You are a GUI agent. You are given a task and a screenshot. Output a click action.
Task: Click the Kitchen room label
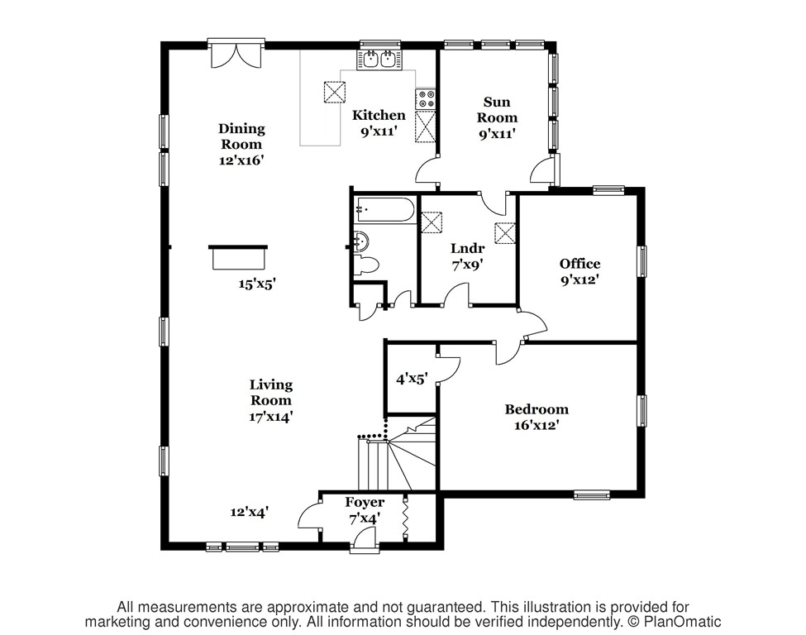(379, 115)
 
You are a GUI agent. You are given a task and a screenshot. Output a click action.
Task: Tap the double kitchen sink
(379, 60)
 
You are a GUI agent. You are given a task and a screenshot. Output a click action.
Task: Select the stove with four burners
(426, 98)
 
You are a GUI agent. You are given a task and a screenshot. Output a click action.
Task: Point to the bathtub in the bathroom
(385, 209)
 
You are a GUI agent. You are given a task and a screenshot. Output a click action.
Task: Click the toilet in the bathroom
(366, 265)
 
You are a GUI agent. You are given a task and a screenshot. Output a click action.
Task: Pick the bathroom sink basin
(361, 240)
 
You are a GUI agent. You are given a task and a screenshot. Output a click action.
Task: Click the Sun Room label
(497, 109)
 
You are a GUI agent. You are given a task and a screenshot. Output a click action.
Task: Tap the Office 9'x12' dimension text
(579, 280)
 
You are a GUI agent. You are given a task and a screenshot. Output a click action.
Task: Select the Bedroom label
(537, 409)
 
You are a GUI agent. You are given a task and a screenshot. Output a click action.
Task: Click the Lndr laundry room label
(467, 248)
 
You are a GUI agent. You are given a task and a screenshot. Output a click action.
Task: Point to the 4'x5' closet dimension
(412, 380)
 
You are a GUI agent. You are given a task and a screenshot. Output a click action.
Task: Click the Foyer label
(365, 503)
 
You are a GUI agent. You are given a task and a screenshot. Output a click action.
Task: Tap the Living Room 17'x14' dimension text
(271, 417)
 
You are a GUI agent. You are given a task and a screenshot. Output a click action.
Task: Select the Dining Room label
(241, 136)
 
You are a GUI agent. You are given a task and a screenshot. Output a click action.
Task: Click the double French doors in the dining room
(237, 55)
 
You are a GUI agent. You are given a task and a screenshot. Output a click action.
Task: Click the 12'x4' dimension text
(250, 512)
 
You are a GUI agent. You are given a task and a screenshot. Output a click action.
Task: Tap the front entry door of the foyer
(365, 541)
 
